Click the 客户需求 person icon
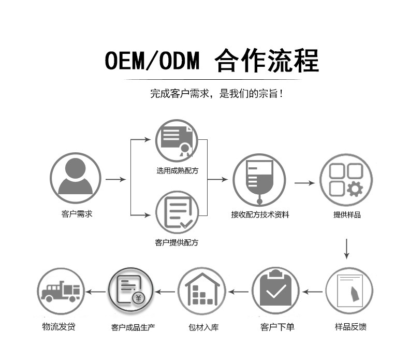(76, 178)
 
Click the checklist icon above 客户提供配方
(177, 212)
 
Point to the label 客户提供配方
(177, 242)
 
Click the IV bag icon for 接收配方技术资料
(259, 180)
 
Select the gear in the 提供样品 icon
(355, 189)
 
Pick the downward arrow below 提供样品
(346, 249)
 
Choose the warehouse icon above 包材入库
(202, 292)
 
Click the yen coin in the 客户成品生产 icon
(138, 298)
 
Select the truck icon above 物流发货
(61, 292)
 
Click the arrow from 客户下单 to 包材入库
(239, 292)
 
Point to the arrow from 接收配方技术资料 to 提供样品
(305, 183)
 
